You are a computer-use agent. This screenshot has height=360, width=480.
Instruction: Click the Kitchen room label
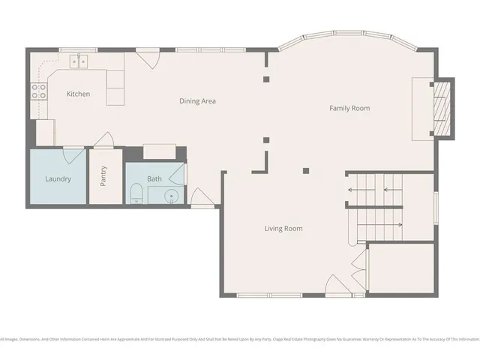point(78,94)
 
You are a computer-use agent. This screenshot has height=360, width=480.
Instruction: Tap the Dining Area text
point(197,100)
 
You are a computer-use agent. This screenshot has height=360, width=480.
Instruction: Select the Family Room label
point(349,108)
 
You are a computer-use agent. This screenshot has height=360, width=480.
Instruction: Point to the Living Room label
point(283,228)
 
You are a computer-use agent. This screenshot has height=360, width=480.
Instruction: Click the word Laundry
point(58,178)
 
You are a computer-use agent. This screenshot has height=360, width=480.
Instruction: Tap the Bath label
point(154,178)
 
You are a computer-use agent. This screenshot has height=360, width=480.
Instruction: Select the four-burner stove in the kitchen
point(38,91)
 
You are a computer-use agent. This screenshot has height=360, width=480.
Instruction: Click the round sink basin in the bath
point(172,196)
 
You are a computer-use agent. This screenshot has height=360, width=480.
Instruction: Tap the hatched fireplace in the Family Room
point(443,108)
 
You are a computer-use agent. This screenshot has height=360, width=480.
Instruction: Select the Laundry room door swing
point(73,154)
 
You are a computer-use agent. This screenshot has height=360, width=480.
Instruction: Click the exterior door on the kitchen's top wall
point(147,58)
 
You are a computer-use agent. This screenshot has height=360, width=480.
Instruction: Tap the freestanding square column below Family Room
point(305,170)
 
